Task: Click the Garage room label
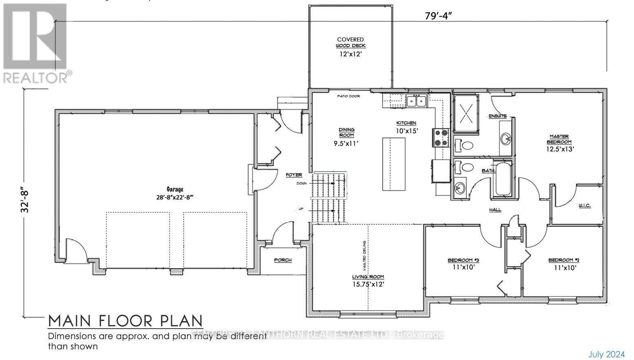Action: pos(174,189)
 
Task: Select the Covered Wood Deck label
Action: pos(350,43)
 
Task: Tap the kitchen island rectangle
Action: pos(394,164)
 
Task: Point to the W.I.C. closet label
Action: pos(584,206)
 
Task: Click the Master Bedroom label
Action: pos(560,139)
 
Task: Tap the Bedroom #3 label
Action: pos(463,260)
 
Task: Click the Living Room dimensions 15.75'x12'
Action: pos(368,284)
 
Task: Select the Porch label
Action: pos(282,260)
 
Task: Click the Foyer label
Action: pos(293,175)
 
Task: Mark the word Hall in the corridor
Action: pos(495,210)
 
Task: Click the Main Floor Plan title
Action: pos(125,321)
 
